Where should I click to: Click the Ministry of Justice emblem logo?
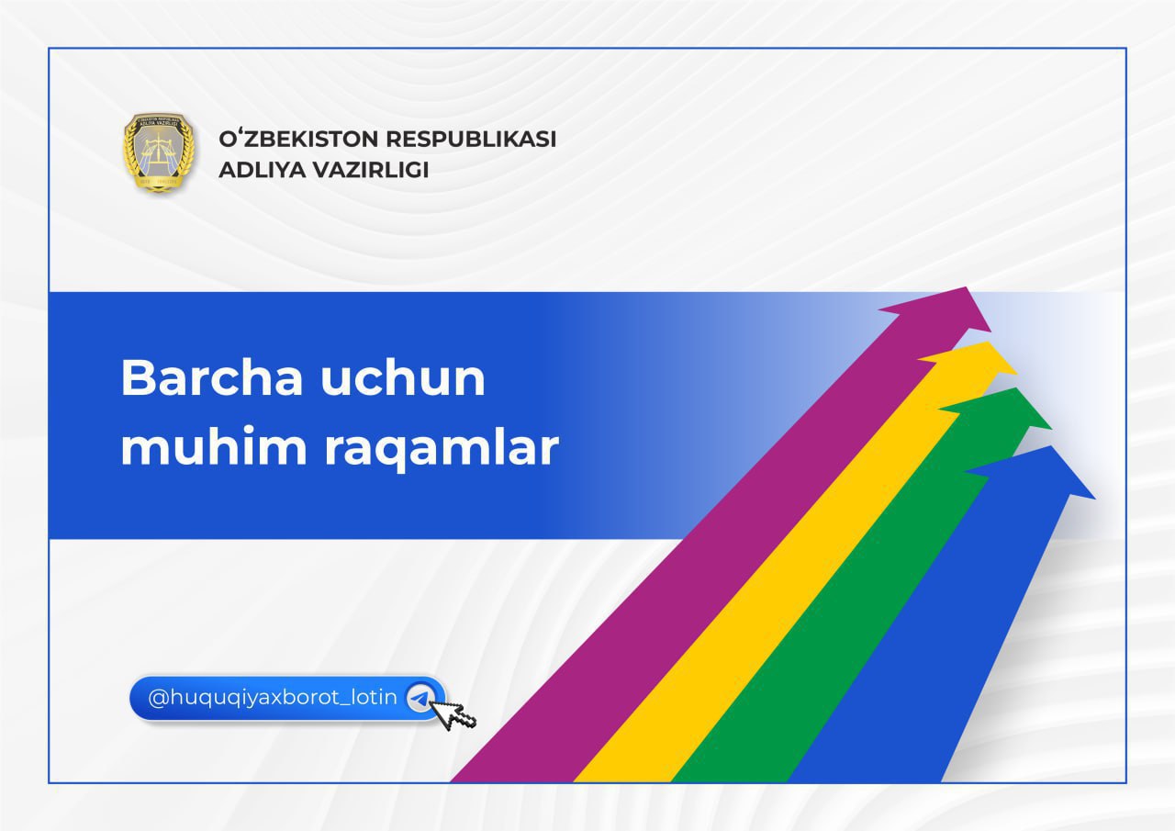click(159, 152)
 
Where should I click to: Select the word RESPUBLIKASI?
click(471, 139)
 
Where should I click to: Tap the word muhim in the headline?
click(214, 447)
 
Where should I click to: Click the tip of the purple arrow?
click(967, 287)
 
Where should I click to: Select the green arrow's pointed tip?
click(1015, 388)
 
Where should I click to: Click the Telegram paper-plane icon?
click(420, 698)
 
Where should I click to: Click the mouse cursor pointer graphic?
click(453, 714)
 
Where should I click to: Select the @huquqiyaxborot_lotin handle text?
click(273, 698)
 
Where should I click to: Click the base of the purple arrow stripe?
click(511, 781)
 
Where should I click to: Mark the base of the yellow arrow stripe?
click(622, 781)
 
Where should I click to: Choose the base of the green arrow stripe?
click(730, 781)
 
